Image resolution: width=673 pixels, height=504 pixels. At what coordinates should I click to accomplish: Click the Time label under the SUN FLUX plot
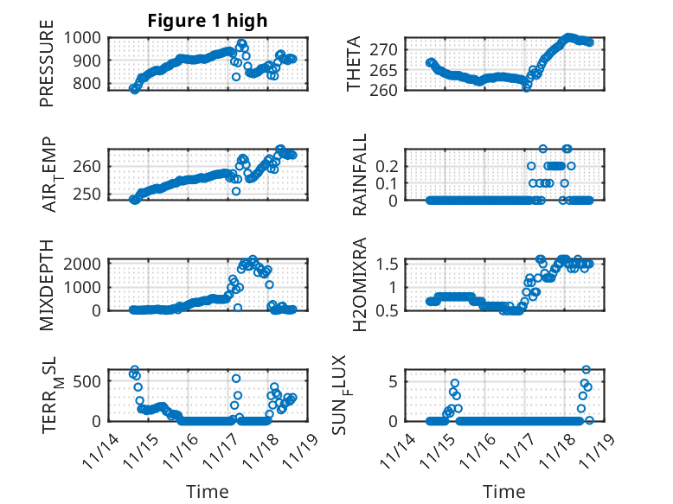click(504, 492)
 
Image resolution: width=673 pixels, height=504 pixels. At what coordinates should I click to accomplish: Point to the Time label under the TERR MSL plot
click(208, 492)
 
